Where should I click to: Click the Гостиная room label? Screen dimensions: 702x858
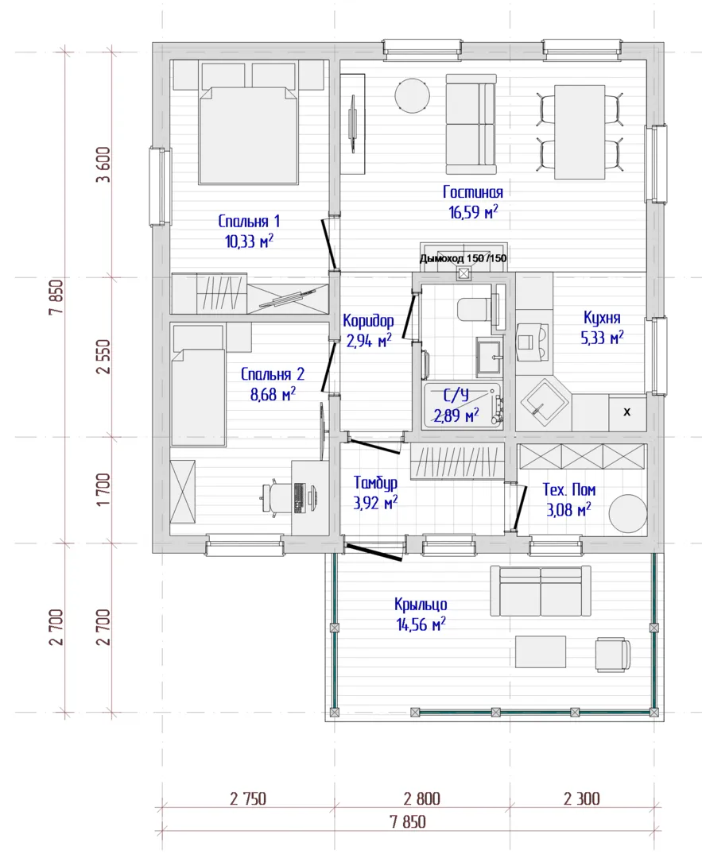click(x=472, y=192)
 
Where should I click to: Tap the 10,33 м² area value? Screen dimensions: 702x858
click(x=249, y=241)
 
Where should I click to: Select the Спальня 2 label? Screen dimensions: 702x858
click(x=273, y=374)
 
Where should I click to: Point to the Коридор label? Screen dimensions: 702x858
click(x=368, y=321)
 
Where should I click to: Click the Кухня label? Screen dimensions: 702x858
click(x=602, y=318)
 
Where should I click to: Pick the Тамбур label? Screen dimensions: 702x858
click(x=375, y=483)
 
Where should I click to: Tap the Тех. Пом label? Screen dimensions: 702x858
click(x=569, y=489)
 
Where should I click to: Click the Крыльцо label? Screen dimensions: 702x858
click(x=421, y=604)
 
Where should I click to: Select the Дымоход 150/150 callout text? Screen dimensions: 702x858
click(x=463, y=258)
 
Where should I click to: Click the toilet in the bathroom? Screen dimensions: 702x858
click(x=475, y=310)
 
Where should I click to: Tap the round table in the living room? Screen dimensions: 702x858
click(x=413, y=95)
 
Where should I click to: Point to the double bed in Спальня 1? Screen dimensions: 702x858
click(x=248, y=134)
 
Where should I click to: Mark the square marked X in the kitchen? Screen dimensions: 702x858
click(x=627, y=412)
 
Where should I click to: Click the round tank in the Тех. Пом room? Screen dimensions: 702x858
click(x=627, y=513)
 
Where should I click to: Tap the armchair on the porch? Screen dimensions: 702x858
click(x=613, y=654)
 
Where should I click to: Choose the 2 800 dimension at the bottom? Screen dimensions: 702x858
click(x=421, y=799)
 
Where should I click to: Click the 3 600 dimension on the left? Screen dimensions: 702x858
click(x=103, y=164)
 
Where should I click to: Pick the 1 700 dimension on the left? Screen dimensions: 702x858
click(x=103, y=489)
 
